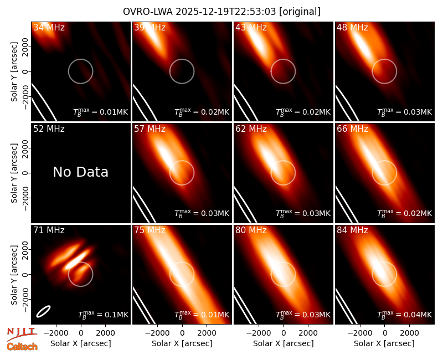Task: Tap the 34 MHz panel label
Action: click(x=49, y=27)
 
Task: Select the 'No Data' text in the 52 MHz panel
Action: click(x=80, y=172)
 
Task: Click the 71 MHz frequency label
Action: click(x=49, y=230)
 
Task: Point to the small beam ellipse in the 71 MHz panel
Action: click(x=44, y=311)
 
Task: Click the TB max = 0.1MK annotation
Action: click(x=103, y=314)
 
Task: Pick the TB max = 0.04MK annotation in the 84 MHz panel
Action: click(x=405, y=314)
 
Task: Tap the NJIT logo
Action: click(x=22, y=333)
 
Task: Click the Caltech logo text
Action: click(x=22, y=347)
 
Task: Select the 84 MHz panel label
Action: click(x=352, y=230)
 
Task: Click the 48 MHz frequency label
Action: click(x=352, y=27)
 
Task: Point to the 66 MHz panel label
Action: click(x=352, y=129)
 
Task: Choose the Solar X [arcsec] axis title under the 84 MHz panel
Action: click(x=384, y=343)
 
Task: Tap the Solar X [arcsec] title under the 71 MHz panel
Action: click(x=80, y=343)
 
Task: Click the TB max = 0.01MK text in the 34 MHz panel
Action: click(x=101, y=112)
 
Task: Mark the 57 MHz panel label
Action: click(x=150, y=129)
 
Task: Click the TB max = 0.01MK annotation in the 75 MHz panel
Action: click(x=202, y=314)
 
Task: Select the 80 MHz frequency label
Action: click(x=251, y=230)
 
